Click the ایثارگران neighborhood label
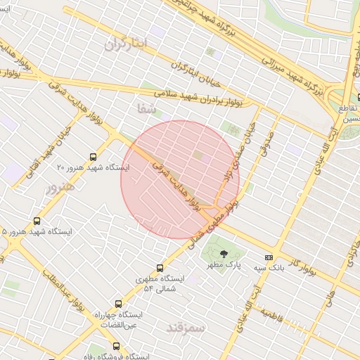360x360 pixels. (127, 44)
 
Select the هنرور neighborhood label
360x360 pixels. (60, 188)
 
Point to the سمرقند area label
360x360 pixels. (186, 328)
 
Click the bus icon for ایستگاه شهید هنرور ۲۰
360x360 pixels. (94, 157)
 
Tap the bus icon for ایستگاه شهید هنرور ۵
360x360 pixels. (37, 221)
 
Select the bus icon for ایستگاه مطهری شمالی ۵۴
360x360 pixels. (160, 268)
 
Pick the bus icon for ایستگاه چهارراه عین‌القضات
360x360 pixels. (117, 304)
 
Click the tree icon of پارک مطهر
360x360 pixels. (224, 253)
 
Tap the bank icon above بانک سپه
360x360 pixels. (268, 257)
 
